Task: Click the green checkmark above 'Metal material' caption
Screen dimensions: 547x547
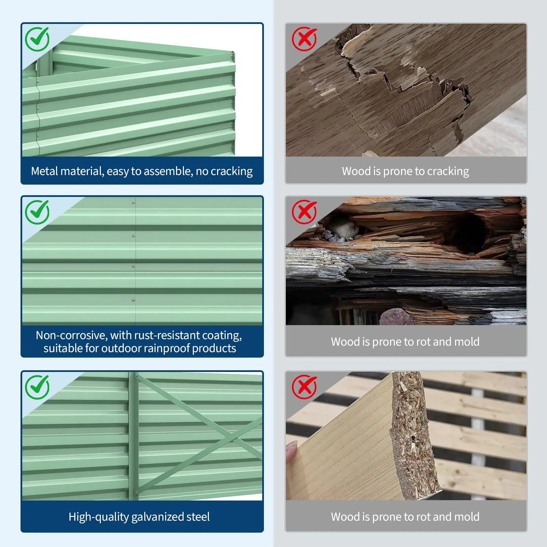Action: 37,39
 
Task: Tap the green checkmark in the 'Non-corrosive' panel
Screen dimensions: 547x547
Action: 37,212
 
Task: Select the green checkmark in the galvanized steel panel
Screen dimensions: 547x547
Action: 37,387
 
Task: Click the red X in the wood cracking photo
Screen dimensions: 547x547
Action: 304,39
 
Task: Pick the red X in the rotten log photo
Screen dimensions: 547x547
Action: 304,212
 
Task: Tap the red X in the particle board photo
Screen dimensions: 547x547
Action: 304,387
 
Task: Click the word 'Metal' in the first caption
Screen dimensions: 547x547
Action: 44,171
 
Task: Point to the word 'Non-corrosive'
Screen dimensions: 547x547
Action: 71,335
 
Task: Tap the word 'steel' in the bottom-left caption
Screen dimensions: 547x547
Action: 199,517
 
